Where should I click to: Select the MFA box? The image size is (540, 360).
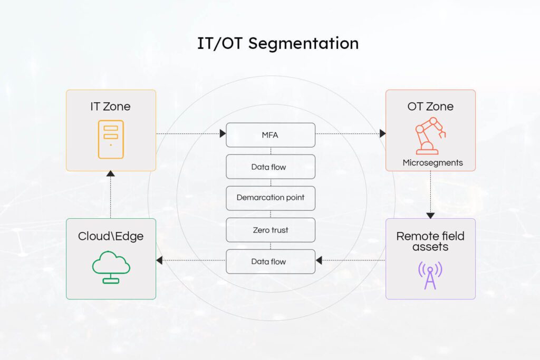(270, 135)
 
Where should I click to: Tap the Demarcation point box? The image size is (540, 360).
(270, 198)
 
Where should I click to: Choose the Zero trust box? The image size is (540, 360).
(270, 230)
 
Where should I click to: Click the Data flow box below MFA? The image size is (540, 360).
(270, 167)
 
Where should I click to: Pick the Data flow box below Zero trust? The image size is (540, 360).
(270, 261)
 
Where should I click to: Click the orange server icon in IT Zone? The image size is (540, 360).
(111, 139)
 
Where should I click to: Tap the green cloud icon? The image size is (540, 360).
(111, 266)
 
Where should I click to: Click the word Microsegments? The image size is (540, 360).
(432, 162)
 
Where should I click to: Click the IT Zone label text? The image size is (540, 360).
(111, 106)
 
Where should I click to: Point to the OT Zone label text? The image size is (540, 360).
(430, 106)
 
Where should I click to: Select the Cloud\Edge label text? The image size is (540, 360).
(111, 236)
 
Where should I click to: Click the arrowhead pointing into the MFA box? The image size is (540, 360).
(223, 134)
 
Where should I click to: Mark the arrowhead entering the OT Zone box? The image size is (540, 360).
(382, 134)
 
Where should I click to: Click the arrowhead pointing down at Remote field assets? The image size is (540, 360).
(430, 215)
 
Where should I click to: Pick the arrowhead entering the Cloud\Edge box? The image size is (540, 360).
(159, 260)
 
